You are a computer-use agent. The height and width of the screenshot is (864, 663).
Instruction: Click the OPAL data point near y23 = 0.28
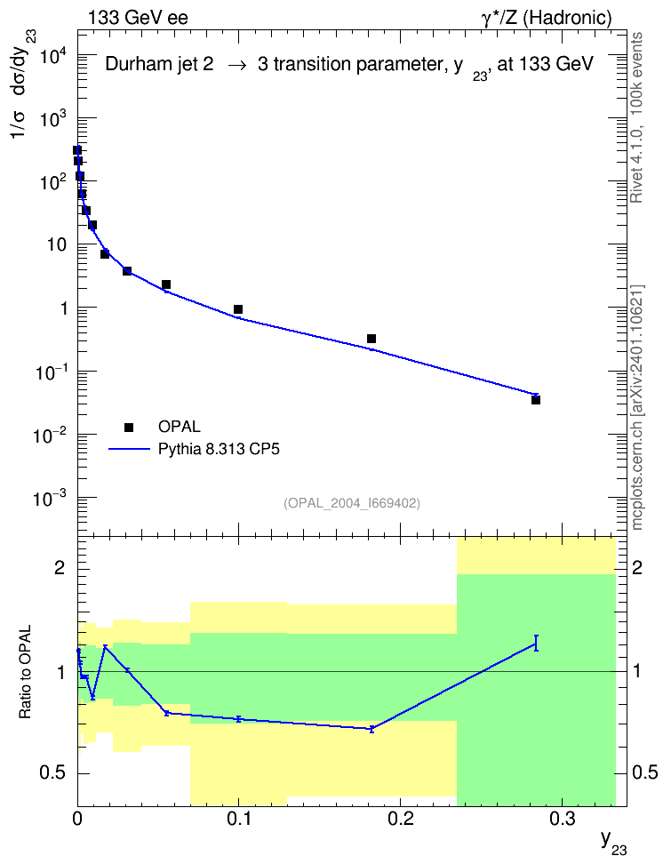[x=536, y=400]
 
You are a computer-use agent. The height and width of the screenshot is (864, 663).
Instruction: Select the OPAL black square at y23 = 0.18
[x=371, y=339]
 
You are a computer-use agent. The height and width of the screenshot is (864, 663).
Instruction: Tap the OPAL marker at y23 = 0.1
[x=238, y=309]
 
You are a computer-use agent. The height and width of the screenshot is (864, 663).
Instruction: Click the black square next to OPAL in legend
[x=129, y=427]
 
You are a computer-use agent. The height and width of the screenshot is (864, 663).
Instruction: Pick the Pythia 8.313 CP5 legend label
[x=219, y=450]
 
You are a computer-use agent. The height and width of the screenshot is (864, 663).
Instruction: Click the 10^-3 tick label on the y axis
[x=51, y=498]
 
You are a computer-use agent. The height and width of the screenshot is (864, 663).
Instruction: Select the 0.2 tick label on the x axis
[x=400, y=819]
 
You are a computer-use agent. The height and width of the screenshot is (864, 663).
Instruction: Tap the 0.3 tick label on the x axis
[x=562, y=819]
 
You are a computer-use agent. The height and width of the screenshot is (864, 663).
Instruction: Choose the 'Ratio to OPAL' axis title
[x=26, y=672]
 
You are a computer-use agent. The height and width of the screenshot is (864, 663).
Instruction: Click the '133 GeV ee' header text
[x=138, y=18]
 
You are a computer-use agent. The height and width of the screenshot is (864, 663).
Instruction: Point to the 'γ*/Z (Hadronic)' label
[x=547, y=18]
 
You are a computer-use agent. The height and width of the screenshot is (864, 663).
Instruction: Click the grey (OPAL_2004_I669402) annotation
[x=352, y=503]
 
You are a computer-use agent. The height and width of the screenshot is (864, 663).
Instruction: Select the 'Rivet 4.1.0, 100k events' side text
[x=636, y=117]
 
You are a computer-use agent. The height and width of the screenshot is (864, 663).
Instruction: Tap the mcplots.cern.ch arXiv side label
[x=637, y=407]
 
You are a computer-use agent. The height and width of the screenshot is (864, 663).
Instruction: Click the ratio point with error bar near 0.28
[x=536, y=643]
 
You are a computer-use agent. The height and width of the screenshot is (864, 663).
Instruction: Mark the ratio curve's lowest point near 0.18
[x=371, y=729]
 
